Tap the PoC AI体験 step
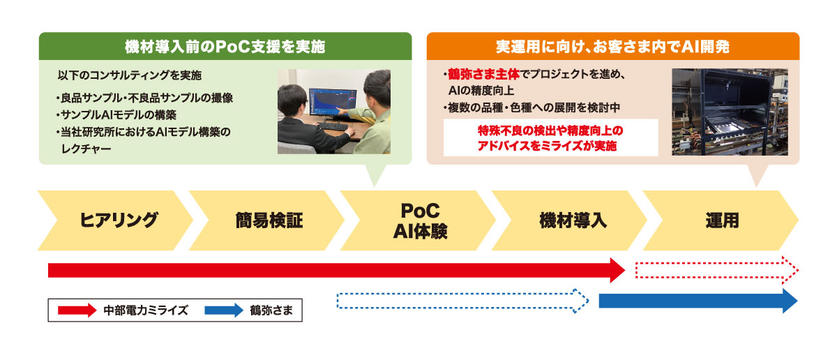click(419, 220)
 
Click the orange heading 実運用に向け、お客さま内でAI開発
click(612, 47)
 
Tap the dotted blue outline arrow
click(462, 300)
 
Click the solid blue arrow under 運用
click(697, 301)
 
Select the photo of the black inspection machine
click(729, 112)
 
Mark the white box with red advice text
click(551, 137)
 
